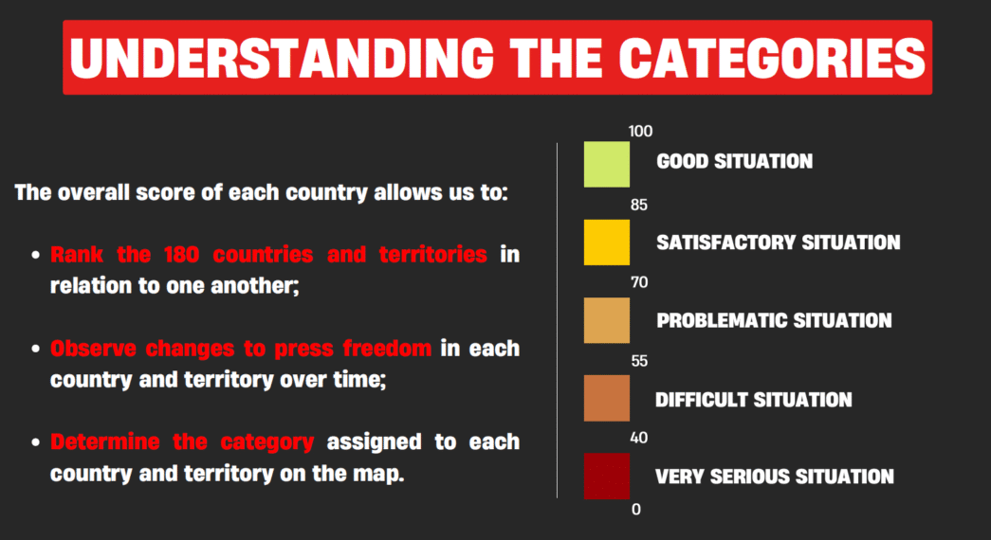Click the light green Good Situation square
(x=607, y=164)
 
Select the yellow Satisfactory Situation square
(x=607, y=243)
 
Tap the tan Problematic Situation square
(x=607, y=320)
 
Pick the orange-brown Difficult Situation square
(x=607, y=399)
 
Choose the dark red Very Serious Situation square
(x=607, y=477)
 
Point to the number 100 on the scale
(x=640, y=132)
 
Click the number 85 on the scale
(x=639, y=205)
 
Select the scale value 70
(x=639, y=282)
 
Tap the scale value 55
(x=639, y=361)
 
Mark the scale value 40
(x=639, y=438)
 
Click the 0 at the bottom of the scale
(x=635, y=509)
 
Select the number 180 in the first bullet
(x=181, y=255)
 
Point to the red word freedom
(x=387, y=348)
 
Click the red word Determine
(x=105, y=441)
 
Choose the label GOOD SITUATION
(x=734, y=162)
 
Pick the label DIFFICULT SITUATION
(x=753, y=400)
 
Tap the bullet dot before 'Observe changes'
(x=35, y=349)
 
